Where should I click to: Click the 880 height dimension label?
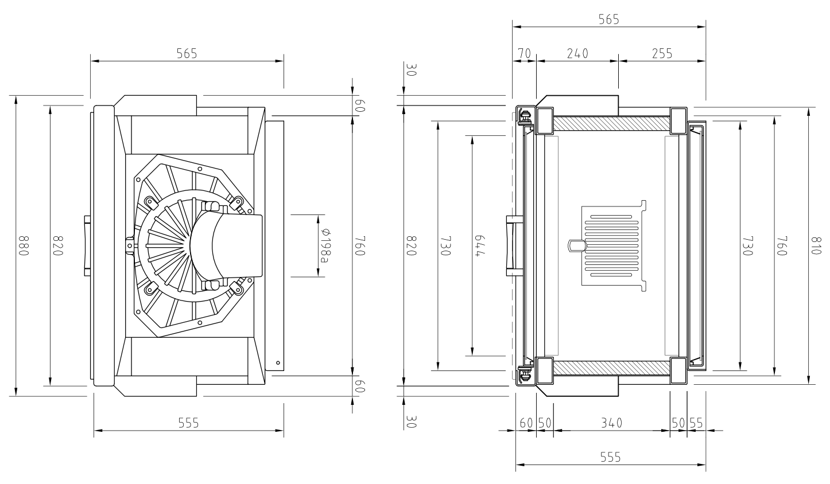click(24, 245)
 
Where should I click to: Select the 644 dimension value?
click(479, 245)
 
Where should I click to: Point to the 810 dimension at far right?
click(816, 245)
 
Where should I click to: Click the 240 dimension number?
click(577, 54)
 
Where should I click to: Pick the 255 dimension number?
click(662, 54)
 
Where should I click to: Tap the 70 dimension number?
click(524, 54)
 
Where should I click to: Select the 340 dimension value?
click(611, 423)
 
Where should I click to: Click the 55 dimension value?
click(696, 423)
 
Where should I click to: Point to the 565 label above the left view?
click(187, 54)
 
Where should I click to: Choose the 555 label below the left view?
click(189, 423)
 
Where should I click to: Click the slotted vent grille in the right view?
click(612, 245)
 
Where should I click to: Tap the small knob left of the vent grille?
click(576, 245)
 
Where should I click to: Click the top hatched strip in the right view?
click(611, 124)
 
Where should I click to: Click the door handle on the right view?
click(514, 245)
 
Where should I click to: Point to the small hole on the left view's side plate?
click(278, 362)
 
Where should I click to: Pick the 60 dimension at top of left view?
click(360, 106)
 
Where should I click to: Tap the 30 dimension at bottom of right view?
click(412, 421)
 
